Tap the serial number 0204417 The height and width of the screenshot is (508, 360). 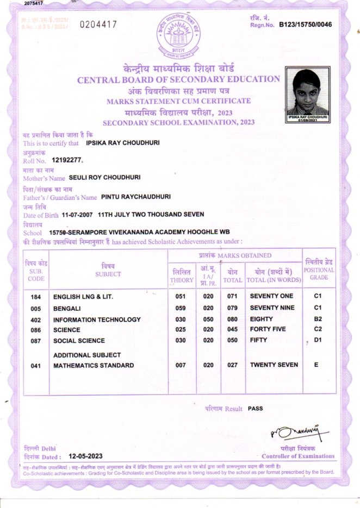coord(98,24)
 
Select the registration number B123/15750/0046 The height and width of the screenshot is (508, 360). coord(305,24)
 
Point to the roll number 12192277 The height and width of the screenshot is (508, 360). coord(66,160)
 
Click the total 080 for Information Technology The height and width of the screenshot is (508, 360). coord(232,319)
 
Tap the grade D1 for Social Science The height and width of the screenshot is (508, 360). coord(319,340)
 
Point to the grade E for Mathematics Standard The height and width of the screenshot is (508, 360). coord(316,365)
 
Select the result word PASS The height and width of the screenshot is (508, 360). coord(255,408)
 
